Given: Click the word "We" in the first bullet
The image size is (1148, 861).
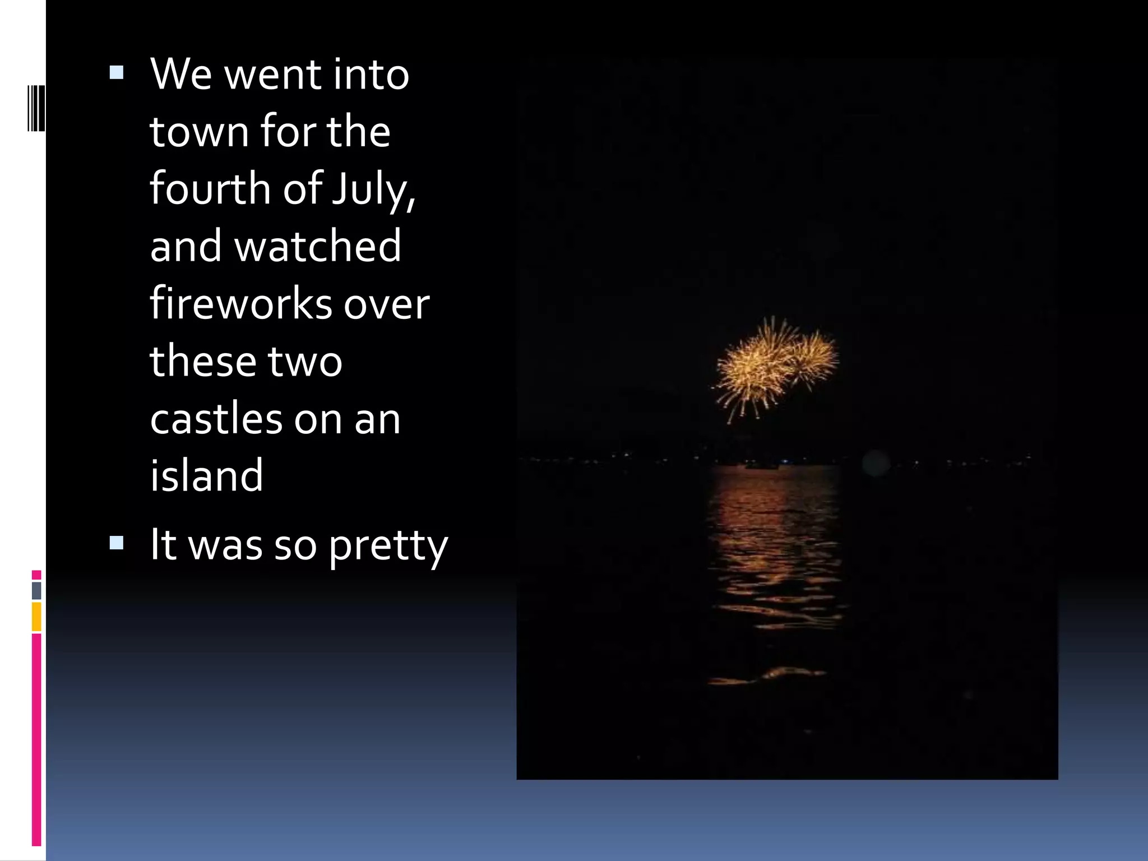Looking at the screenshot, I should [181, 75].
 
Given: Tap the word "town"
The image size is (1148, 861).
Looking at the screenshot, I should [199, 132].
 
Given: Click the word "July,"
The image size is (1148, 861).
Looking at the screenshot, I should [373, 189].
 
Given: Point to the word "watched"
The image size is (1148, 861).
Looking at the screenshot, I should [318, 246].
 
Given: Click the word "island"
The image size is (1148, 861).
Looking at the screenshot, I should [206, 475].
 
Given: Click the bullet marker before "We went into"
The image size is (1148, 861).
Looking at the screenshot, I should [117, 72].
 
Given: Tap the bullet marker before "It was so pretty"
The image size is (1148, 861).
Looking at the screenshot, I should [117, 543].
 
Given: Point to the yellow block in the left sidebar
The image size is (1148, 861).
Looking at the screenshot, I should [36, 617].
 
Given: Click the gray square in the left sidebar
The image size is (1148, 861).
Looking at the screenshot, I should [36, 590].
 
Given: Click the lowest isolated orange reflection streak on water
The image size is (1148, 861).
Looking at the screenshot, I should [768, 676].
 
